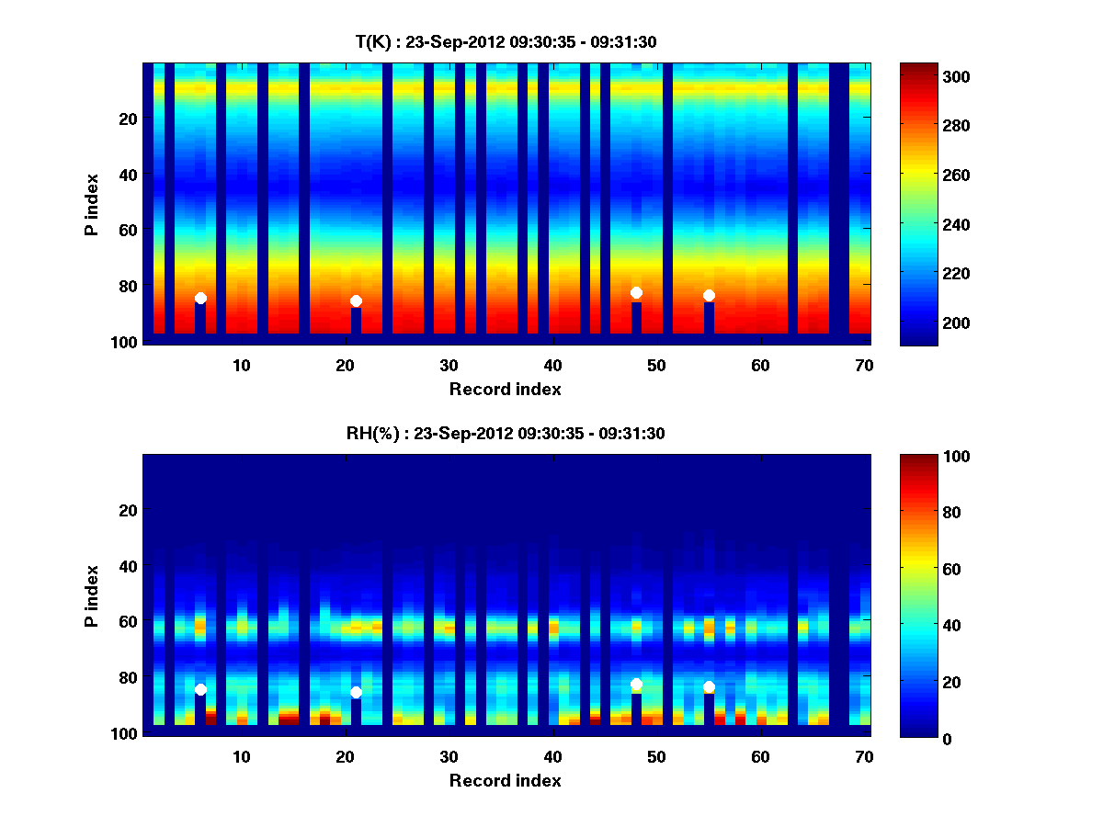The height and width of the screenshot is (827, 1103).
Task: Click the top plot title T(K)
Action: pos(506,41)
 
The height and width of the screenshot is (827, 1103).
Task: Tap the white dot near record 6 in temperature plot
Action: pos(200,298)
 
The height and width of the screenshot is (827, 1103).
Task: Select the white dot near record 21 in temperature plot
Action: pos(356,300)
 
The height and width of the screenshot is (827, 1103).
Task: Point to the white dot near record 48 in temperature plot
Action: pos(636,292)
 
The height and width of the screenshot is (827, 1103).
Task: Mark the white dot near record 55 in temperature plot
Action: pos(709,295)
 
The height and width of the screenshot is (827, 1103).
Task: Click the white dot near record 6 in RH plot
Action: pos(200,689)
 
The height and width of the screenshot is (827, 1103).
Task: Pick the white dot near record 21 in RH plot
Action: pos(356,692)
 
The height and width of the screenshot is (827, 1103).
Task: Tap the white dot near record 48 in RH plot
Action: pos(636,684)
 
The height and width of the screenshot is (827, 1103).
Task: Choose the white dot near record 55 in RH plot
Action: pos(709,686)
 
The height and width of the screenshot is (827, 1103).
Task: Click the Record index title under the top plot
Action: pos(505,389)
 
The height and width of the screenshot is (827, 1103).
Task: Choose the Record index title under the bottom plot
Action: pos(505,780)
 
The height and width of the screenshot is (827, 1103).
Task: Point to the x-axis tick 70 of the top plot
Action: pos(864,365)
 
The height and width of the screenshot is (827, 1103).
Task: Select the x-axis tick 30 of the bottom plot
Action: pos(449,756)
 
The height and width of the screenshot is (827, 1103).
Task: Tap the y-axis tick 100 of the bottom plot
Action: pos(126,733)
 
